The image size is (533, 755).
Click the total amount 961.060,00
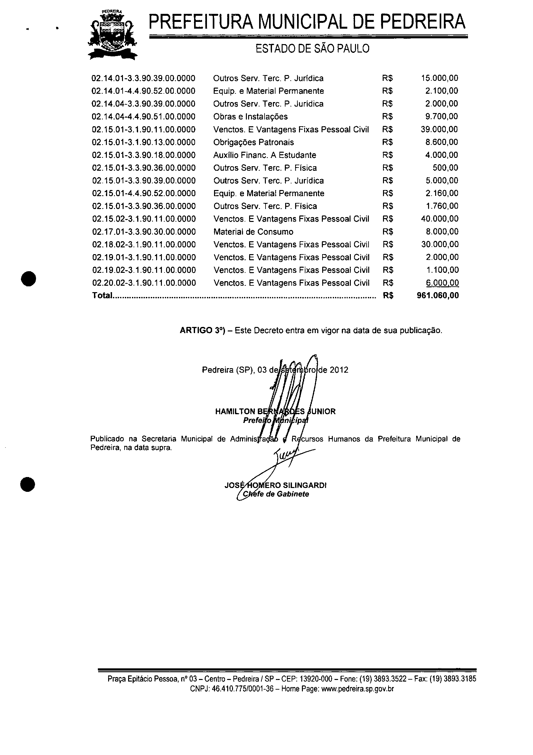pos(438,295)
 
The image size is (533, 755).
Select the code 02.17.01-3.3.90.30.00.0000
pos(144,232)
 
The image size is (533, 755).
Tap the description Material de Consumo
pos(253,232)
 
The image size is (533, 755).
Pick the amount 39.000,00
pos(439,129)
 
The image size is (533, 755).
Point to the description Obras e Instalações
pos(250,116)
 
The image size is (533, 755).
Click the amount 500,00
pos(445,168)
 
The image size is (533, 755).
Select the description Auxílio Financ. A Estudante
pos(265,155)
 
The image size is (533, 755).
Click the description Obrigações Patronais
pos(253,142)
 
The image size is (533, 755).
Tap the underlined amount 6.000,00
pos(442,283)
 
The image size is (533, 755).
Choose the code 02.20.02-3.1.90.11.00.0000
pos(144,283)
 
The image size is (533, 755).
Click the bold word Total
pos(102,295)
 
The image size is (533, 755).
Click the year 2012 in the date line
pos(339,370)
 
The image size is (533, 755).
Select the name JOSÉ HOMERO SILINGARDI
pos(276,485)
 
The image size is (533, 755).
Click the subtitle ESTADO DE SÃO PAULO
pos(313,49)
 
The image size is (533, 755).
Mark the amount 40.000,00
pos(440,219)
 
